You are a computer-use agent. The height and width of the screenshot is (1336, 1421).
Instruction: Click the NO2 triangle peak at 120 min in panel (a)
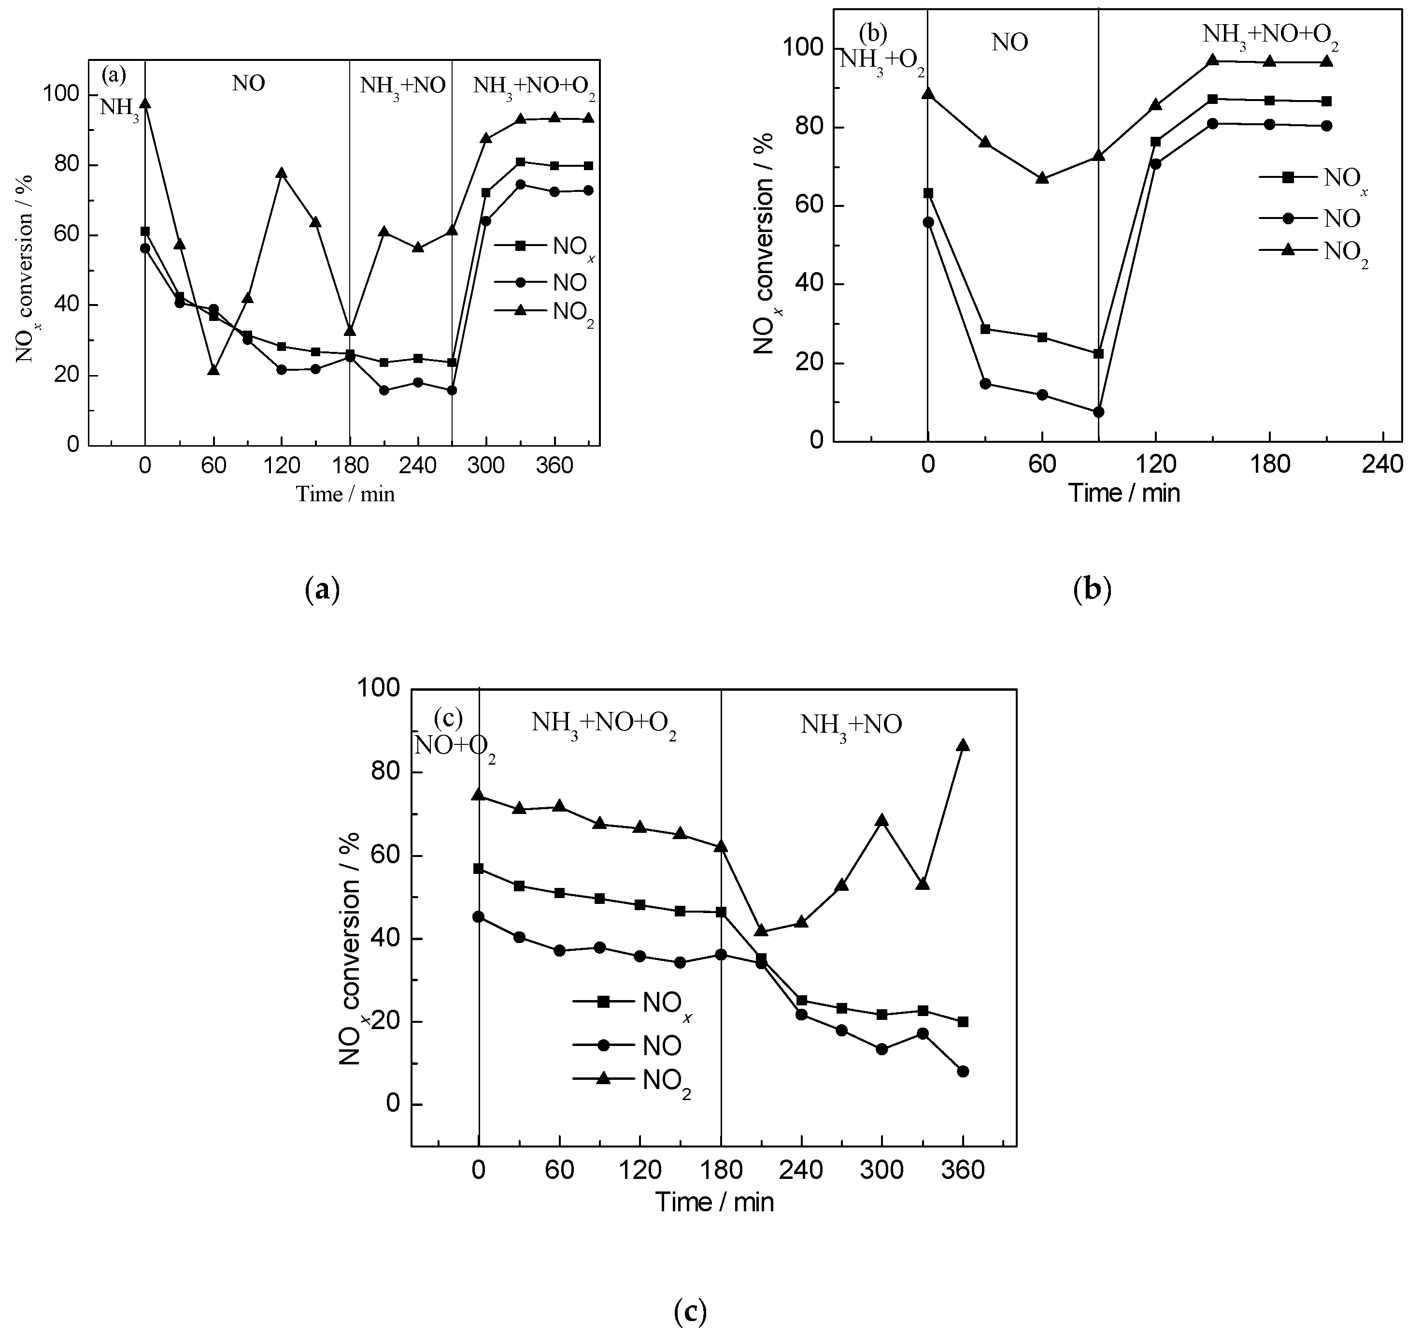click(282, 173)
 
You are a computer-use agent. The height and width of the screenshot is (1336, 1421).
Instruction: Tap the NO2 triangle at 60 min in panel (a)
click(213, 370)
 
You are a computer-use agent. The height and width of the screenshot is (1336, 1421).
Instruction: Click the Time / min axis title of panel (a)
click(345, 494)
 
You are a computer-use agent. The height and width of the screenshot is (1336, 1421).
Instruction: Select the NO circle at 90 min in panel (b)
click(1099, 412)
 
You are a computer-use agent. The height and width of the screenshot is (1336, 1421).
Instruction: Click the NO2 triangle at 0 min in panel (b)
click(928, 94)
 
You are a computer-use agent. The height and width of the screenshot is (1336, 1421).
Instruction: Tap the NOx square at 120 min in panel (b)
click(1156, 142)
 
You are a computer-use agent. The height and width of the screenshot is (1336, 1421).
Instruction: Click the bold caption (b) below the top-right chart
click(1093, 590)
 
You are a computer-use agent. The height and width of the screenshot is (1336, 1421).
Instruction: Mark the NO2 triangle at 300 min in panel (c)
click(882, 820)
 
